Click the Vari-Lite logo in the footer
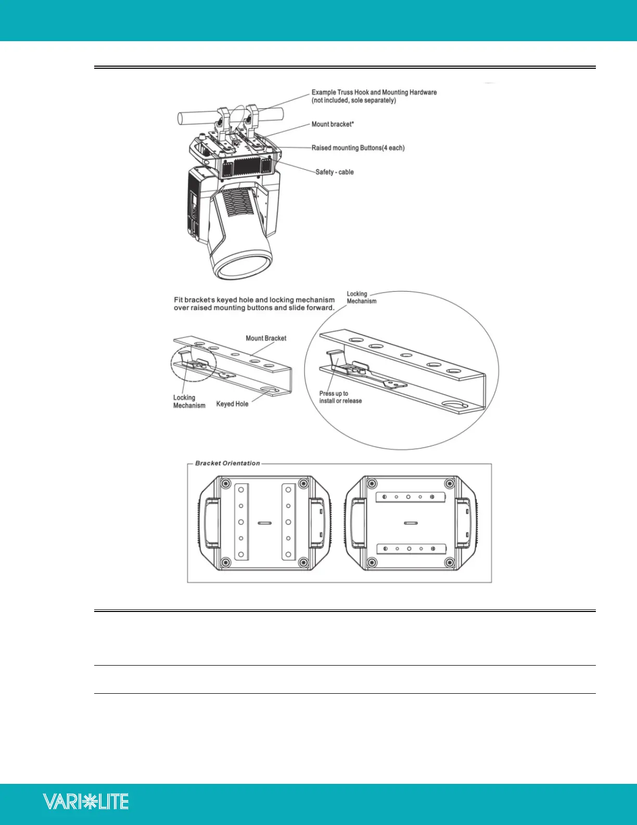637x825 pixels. (86, 801)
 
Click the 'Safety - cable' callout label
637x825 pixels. (334, 172)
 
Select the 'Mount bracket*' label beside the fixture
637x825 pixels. (333, 124)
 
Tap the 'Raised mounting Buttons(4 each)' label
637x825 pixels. (358, 148)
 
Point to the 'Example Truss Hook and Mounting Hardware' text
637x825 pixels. (374, 93)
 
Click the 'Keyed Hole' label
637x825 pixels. (232, 404)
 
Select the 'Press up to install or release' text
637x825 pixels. (340, 397)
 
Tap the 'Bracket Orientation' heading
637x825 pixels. (227, 463)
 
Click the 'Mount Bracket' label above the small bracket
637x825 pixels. (266, 338)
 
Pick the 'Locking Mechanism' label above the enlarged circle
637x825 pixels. (361, 297)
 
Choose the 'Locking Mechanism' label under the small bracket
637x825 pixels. (189, 402)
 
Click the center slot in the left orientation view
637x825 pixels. (264, 522)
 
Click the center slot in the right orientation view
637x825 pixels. (410, 522)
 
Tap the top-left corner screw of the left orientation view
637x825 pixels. (225, 483)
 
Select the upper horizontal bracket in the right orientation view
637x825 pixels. (410, 497)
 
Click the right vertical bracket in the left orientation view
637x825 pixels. (288, 522)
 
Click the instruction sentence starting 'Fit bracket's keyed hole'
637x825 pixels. (254, 304)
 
